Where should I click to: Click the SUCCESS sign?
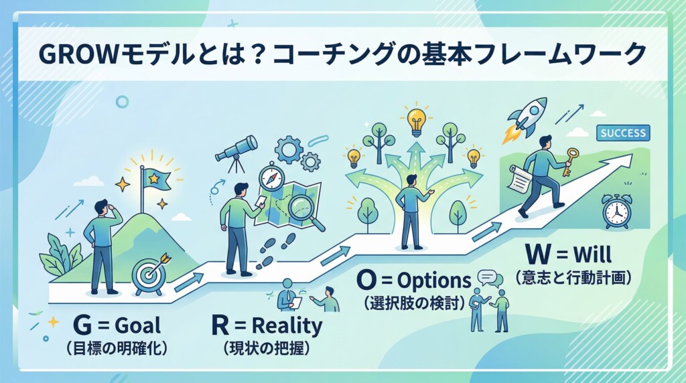tap(623, 133)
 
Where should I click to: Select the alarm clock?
tap(616, 212)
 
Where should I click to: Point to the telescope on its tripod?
tap(236, 150)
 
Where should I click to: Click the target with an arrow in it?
tap(149, 272)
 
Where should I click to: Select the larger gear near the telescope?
tap(289, 149)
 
